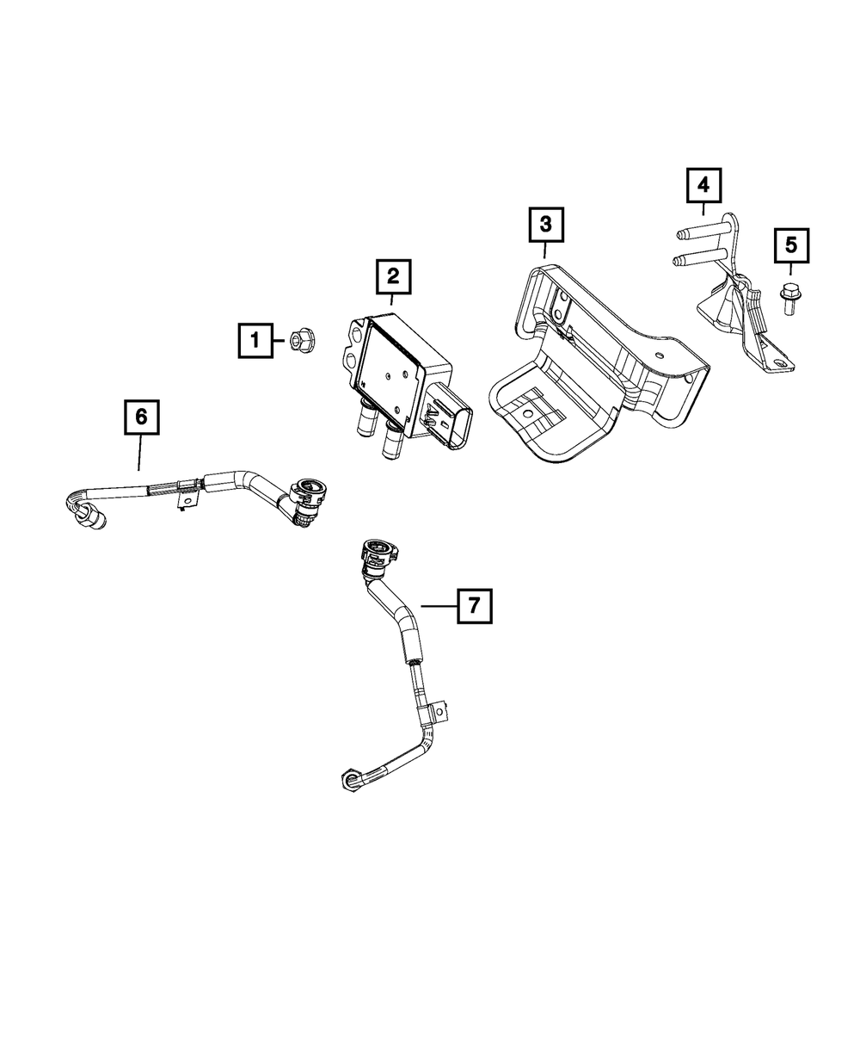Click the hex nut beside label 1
[301, 338]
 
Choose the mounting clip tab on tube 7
[439, 712]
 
